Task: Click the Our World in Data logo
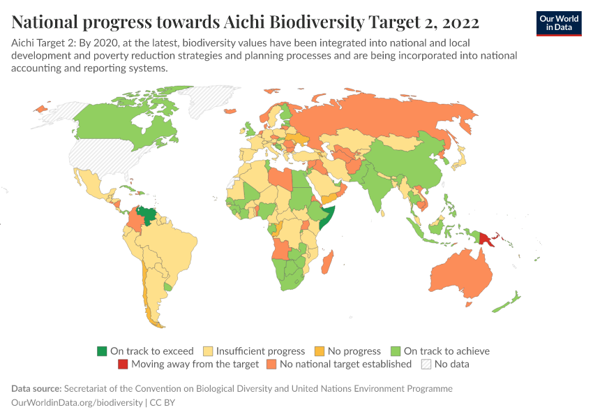point(558,23)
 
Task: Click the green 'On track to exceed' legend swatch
point(102,351)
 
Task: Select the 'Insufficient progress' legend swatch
point(208,351)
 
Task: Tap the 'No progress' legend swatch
point(320,351)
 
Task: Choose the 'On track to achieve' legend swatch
point(396,351)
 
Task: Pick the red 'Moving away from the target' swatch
point(123,364)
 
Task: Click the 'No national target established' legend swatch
point(270,364)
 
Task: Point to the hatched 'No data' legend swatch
point(426,364)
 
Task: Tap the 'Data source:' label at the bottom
point(36,388)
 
